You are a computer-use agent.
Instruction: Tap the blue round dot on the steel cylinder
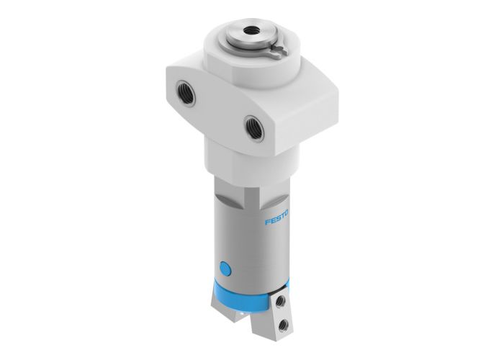pos(226,269)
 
